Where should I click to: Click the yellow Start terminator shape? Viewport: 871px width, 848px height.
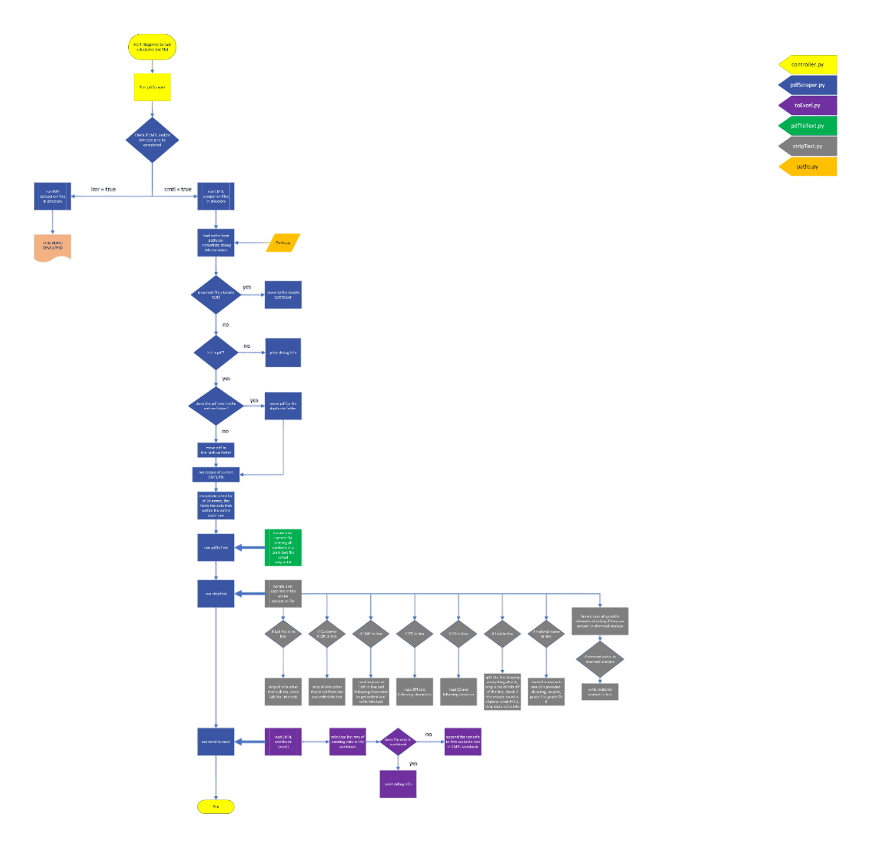pyautogui.click(x=152, y=47)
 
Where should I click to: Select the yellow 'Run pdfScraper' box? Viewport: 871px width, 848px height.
pyautogui.click(x=152, y=87)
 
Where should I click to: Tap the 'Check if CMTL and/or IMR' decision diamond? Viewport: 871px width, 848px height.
pyautogui.click(x=152, y=140)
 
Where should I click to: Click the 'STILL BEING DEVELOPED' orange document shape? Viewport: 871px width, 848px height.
pyautogui.click(x=52, y=246)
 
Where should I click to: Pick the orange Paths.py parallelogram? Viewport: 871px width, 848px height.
pyautogui.click(x=283, y=243)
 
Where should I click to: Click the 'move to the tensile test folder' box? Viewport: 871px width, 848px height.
pyautogui.click(x=283, y=295)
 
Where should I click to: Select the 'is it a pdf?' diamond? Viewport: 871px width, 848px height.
pyautogui.click(x=216, y=352)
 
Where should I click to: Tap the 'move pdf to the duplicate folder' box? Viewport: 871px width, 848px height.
pyautogui.click(x=283, y=406)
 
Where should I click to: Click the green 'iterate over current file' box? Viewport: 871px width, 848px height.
pyautogui.click(x=283, y=547)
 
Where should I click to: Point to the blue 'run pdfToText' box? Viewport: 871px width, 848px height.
pyautogui.click(x=216, y=547)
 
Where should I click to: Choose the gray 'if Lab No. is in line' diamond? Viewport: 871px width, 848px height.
pyautogui.click(x=283, y=634)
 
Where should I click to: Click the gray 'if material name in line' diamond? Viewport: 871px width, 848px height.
pyautogui.click(x=546, y=634)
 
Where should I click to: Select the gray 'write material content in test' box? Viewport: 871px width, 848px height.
pyautogui.click(x=600, y=691)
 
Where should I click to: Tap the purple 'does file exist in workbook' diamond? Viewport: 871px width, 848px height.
pyautogui.click(x=398, y=742)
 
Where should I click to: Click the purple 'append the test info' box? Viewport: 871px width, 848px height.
pyautogui.click(x=463, y=742)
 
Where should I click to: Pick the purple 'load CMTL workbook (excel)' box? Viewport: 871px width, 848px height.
pyautogui.click(x=283, y=742)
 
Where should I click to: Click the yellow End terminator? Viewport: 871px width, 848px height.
pyautogui.click(x=216, y=806)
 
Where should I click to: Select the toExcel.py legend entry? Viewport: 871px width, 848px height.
pyautogui.click(x=808, y=105)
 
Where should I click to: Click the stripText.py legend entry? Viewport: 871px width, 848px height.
pyautogui.click(x=808, y=146)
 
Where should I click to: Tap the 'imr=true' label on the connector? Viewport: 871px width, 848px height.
pyautogui.click(x=104, y=189)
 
